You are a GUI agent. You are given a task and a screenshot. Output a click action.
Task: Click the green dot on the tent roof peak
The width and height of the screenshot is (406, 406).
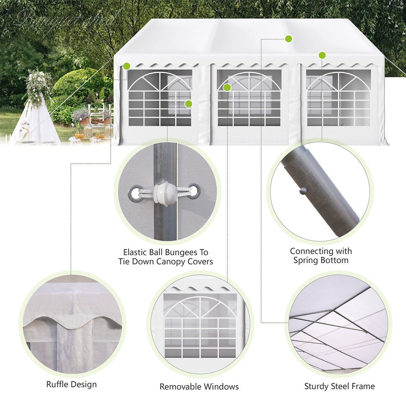coord(289,39)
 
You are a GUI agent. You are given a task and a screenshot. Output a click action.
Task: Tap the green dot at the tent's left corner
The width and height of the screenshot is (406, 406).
coord(126,66)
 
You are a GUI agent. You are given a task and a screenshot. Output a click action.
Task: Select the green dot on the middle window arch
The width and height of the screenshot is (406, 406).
coord(227,88)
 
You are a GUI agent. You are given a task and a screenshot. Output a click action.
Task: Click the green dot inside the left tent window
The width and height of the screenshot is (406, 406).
coord(188,104)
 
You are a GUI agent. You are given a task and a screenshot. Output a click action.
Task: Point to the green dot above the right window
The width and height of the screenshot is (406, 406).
coord(322,55)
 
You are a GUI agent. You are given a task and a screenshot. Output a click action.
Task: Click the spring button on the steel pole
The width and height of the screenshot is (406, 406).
coord(303,191)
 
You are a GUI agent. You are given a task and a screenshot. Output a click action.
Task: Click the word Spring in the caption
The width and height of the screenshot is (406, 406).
coord(305,261)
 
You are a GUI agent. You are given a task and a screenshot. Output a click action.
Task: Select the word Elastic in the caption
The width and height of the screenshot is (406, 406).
coord(135,252)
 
